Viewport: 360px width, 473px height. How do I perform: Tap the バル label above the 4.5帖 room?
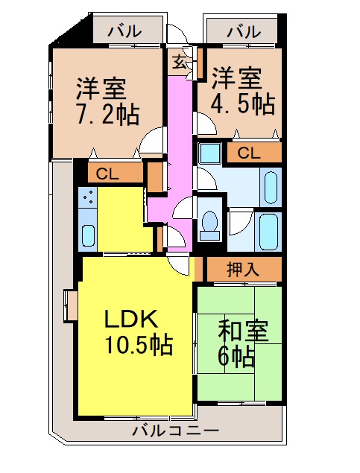[244, 31]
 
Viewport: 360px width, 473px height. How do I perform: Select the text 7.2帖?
[107, 113]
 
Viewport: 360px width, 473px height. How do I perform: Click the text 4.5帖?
[241, 102]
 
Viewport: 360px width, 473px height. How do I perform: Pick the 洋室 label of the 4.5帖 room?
[236, 77]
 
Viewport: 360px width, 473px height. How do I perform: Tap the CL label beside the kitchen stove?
[108, 175]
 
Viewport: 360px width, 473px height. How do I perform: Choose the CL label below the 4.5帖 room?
[249, 153]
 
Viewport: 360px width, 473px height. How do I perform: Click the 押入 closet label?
[243, 269]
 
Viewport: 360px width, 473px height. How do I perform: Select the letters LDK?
[130, 319]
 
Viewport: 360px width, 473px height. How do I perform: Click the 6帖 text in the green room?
[236, 355]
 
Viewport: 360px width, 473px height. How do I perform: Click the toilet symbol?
[209, 223]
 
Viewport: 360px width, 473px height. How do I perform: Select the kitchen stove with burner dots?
[87, 199]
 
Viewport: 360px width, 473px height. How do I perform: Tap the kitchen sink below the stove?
[87, 235]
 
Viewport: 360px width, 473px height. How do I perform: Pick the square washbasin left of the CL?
[209, 154]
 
